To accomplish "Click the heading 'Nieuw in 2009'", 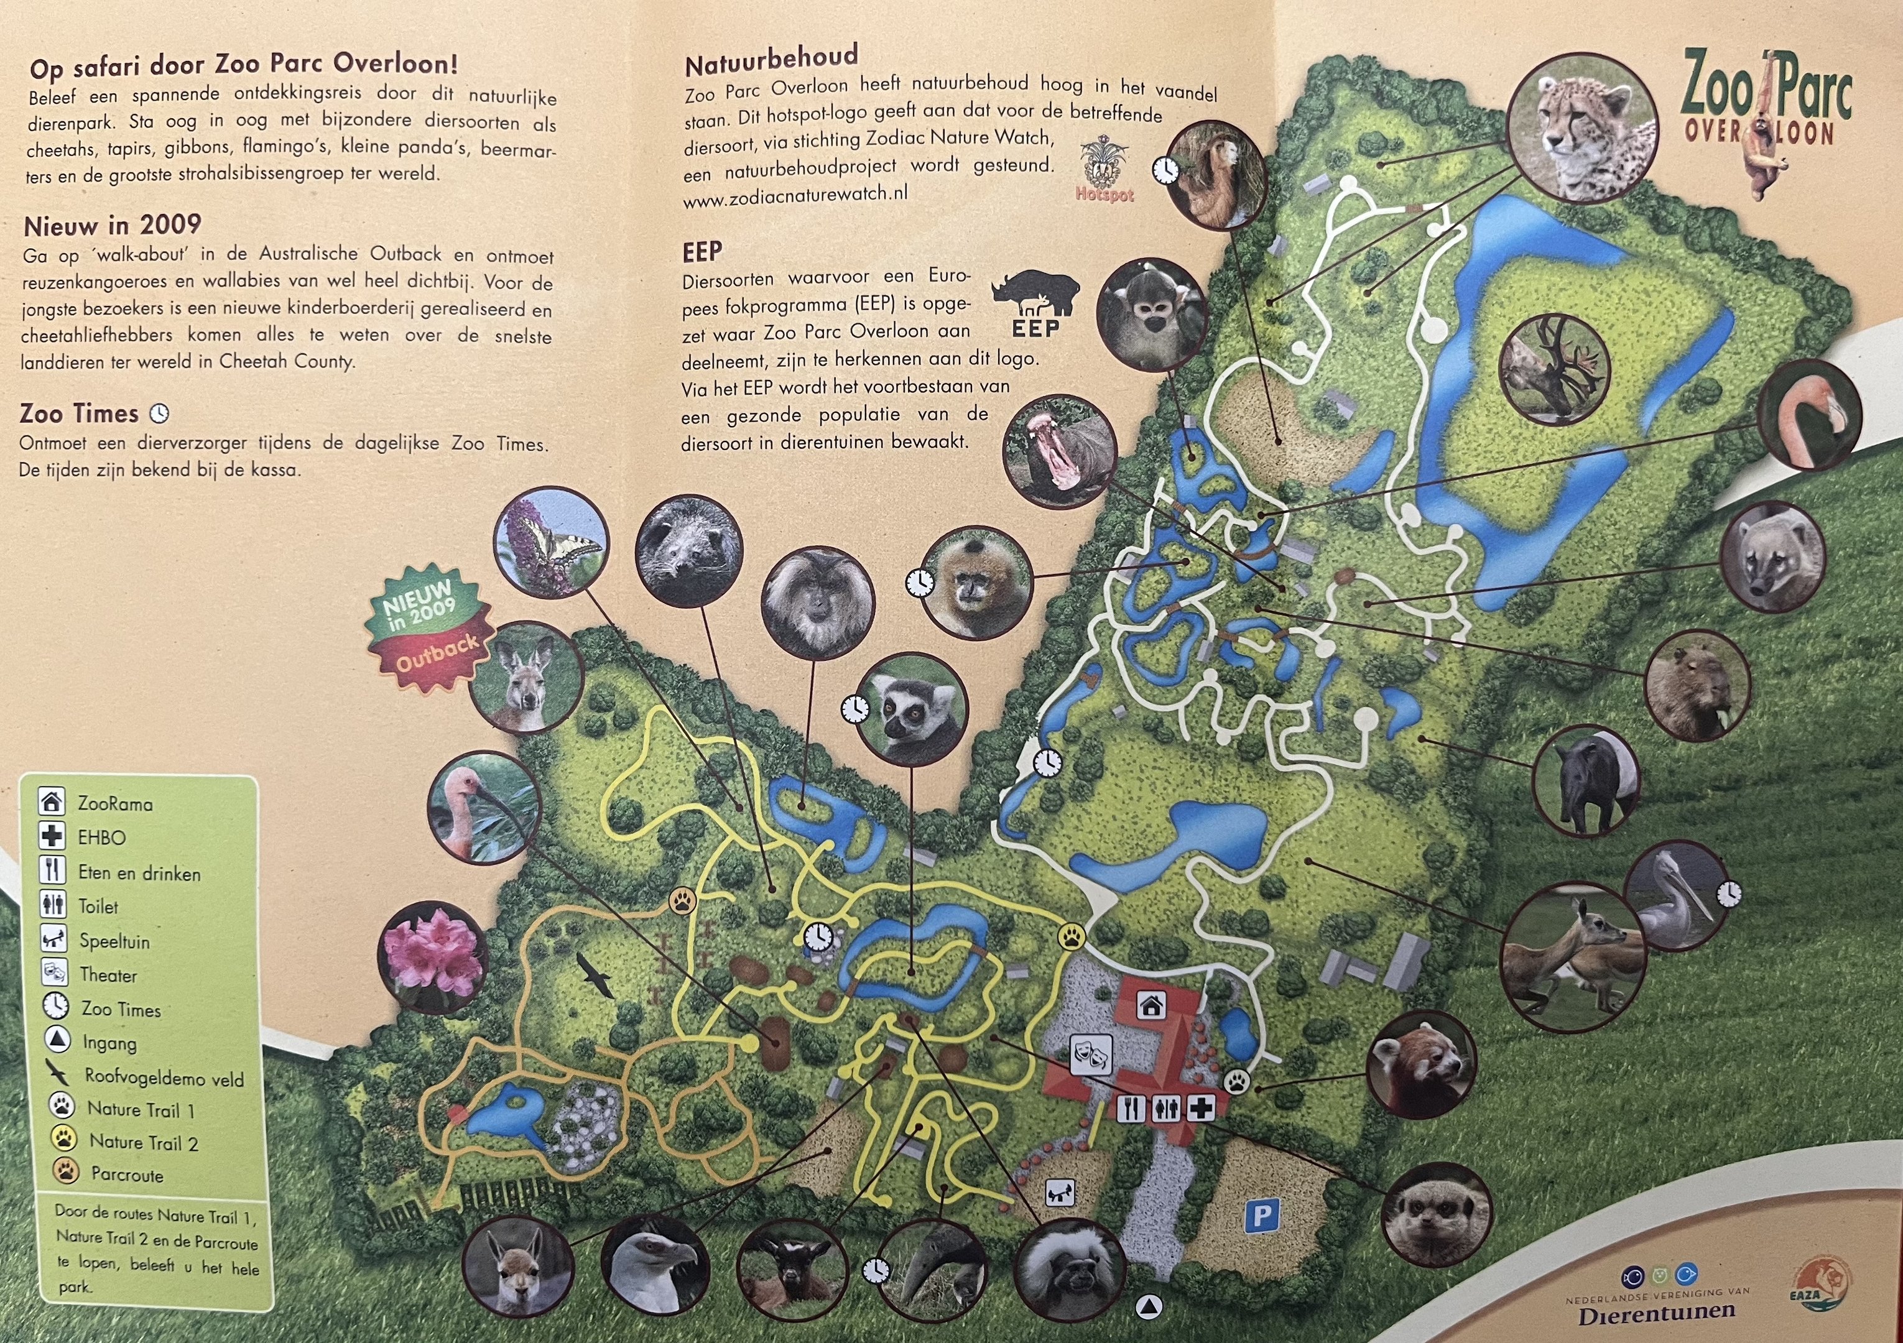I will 113,225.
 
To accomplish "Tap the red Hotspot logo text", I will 1104,195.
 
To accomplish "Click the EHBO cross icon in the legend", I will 52,837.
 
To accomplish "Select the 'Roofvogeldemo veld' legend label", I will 164,1079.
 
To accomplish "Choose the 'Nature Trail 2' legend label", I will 144,1143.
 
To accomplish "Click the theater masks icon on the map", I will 1090,1055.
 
